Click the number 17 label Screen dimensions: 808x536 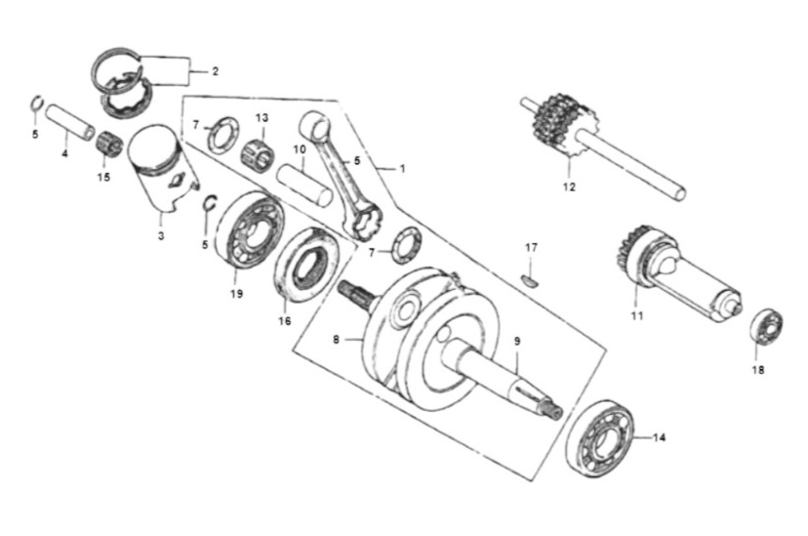(531, 248)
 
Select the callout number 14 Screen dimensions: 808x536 (659, 437)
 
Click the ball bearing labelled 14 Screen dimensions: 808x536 (598, 436)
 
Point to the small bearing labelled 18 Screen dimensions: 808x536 (766, 326)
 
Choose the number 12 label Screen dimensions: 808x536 (569, 187)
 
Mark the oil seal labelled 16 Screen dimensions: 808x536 (306, 265)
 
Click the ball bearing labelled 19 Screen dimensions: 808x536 (249, 230)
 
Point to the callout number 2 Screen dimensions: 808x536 (215, 71)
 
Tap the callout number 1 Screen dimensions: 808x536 (403, 169)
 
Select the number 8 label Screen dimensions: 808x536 (336, 340)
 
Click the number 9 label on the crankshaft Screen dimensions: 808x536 (517, 341)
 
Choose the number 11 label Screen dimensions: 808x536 (637, 315)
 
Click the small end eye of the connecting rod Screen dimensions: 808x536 (316, 125)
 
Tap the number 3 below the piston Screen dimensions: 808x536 (161, 236)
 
